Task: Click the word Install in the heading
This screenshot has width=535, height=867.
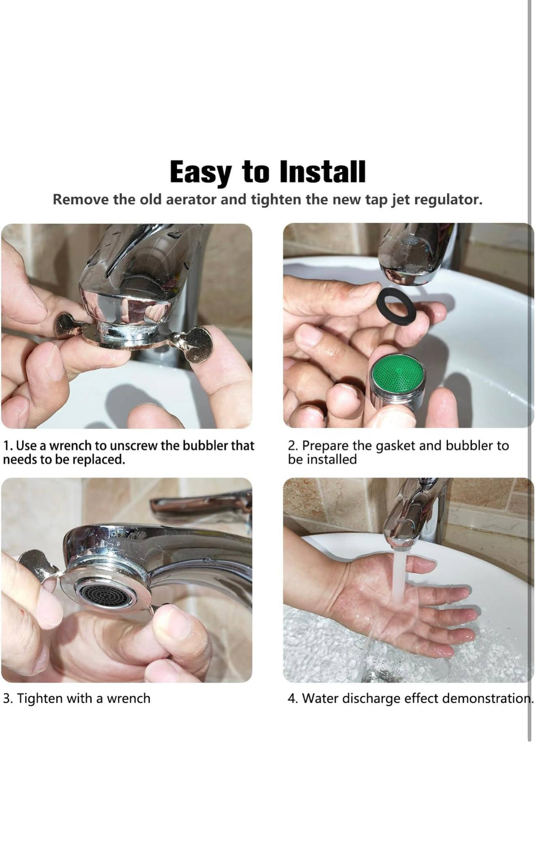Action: pyautogui.click(x=322, y=172)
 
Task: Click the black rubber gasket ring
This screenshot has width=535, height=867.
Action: pyautogui.click(x=396, y=306)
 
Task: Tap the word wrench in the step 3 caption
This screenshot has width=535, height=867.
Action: pyautogui.click(x=129, y=699)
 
